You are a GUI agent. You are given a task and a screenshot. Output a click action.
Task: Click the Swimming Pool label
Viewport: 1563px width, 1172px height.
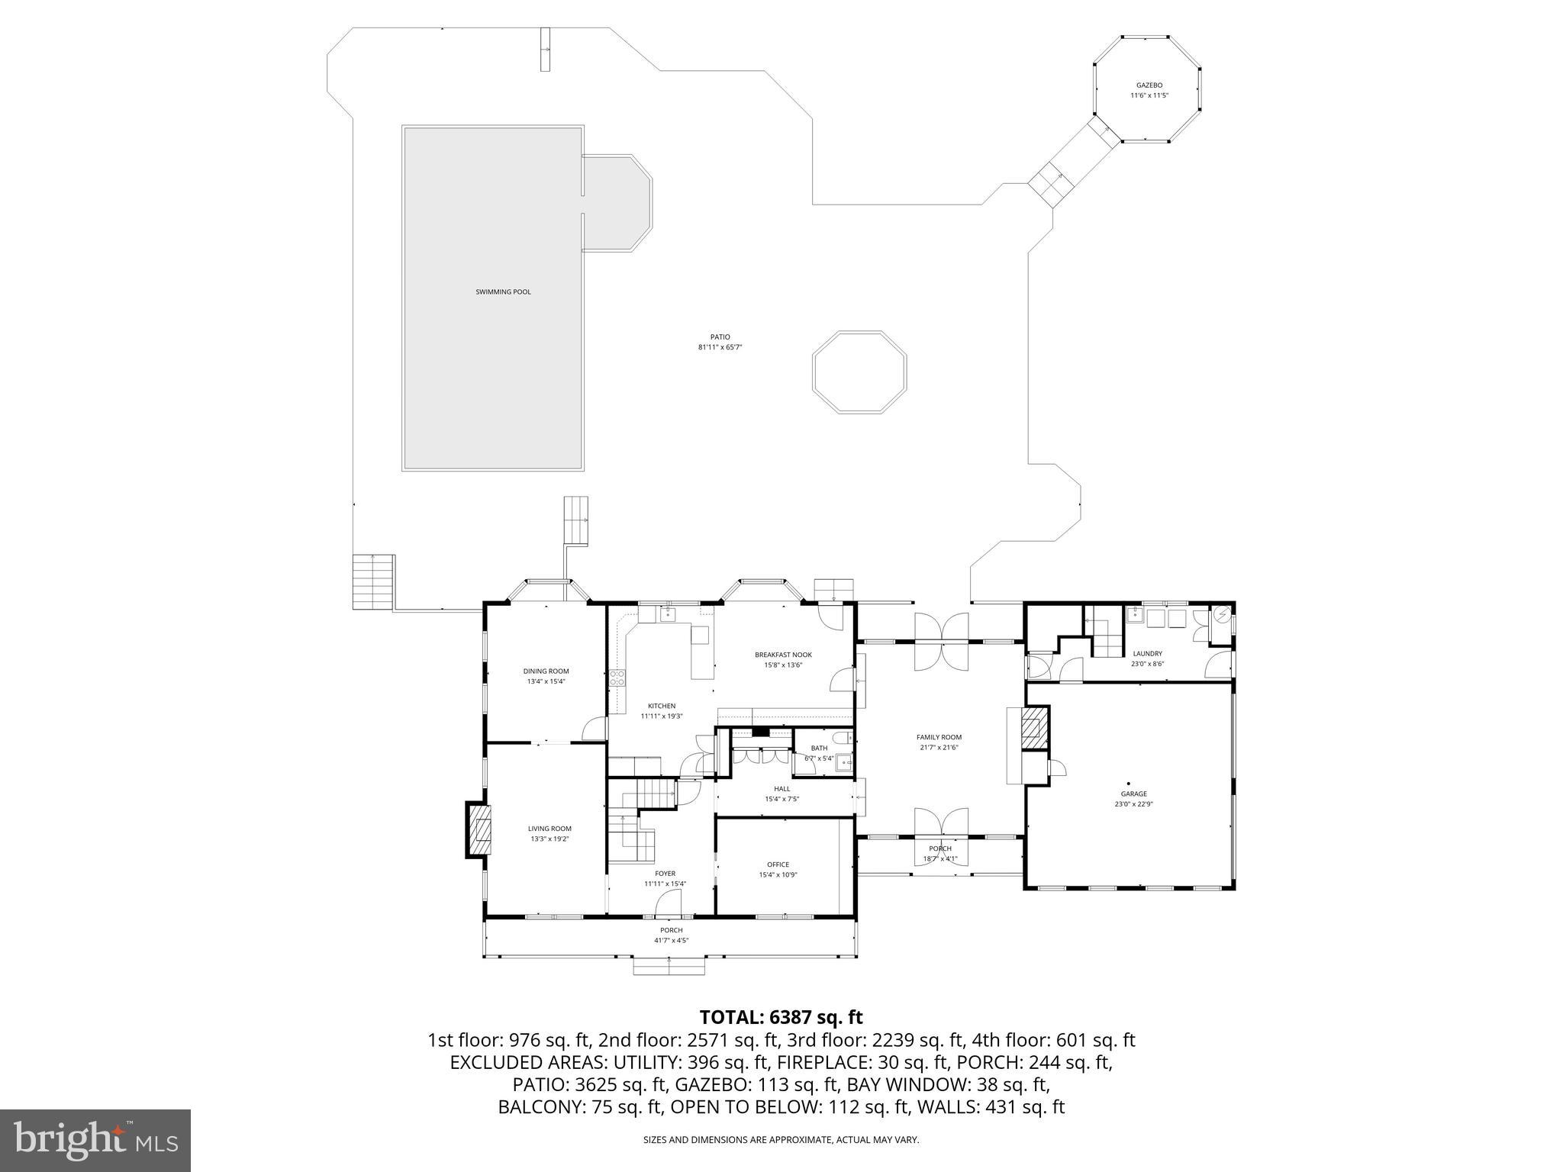pyautogui.click(x=503, y=292)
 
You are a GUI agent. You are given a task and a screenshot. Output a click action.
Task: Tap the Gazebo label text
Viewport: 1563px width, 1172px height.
pyautogui.click(x=1149, y=85)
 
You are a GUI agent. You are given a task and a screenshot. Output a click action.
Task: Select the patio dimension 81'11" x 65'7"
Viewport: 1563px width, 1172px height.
pyautogui.click(x=720, y=347)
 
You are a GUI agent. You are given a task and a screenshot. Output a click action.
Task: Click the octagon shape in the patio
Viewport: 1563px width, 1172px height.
pyautogui.click(x=859, y=372)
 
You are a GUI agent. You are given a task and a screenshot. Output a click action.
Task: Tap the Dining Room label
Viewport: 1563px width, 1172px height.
pyautogui.click(x=546, y=671)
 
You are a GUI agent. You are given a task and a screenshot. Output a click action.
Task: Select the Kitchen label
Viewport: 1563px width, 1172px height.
pyautogui.click(x=662, y=706)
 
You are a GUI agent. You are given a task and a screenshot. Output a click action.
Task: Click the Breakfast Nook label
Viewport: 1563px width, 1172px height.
pyautogui.click(x=783, y=655)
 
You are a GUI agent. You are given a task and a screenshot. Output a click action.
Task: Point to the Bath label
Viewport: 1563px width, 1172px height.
pyautogui.click(x=819, y=748)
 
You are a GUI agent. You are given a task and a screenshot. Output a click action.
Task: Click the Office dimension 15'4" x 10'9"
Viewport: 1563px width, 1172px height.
pyautogui.click(x=778, y=875)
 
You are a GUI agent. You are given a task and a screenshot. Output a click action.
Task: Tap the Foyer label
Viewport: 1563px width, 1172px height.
pyautogui.click(x=665, y=874)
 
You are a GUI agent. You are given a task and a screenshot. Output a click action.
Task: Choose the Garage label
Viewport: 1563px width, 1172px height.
pyautogui.click(x=1133, y=794)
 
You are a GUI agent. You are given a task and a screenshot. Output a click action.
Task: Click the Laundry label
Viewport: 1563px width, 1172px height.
pyautogui.click(x=1147, y=653)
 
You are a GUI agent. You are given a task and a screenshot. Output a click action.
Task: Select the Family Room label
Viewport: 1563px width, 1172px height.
pyautogui.click(x=939, y=737)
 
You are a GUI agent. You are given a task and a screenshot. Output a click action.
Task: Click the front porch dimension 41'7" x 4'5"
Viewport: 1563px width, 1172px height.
pyautogui.click(x=671, y=940)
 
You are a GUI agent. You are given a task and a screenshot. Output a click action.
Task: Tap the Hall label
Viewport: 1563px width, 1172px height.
pyautogui.click(x=781, y=789)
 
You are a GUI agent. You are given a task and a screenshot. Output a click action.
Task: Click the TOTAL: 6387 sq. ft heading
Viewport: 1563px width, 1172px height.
pyautogui.click(x=781, y=1017)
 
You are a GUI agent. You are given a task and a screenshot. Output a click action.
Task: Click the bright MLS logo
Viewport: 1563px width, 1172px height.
pyautogui.click(x=95, y=1140)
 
